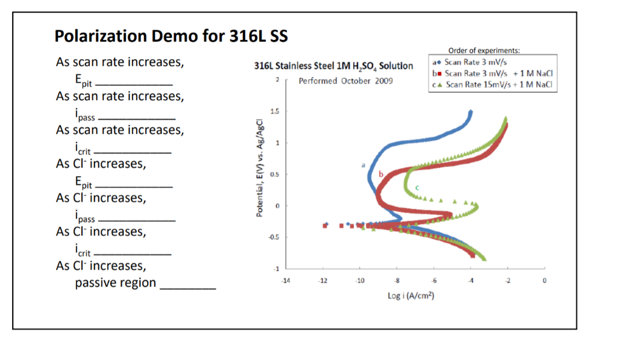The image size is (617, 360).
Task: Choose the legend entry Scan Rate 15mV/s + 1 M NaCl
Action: coord(493,84)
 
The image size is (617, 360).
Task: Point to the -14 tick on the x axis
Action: coord(286,281)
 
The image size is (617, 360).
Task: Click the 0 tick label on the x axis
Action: coord(544,281)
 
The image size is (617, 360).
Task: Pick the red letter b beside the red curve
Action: coord(381,174)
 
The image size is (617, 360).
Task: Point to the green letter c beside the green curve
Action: coord(417,188)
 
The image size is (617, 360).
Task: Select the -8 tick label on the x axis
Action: coord(396,281)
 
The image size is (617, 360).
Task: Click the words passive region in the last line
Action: coord(115,283)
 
